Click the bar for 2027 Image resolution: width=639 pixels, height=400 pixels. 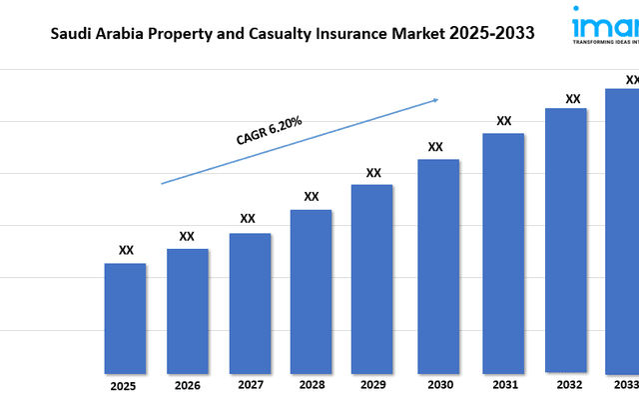pyautogui.click(x=250, y=303)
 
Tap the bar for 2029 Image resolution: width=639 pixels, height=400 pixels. pyautogui.click(x=372, y=278)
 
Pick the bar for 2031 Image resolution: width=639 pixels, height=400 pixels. pyautogui.click(x=503, y=252)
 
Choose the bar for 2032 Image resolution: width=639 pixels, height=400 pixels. pyautogui.click(x=566, y=240)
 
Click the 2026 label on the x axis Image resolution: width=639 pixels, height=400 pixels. pyautogui.click(x=187, y=385)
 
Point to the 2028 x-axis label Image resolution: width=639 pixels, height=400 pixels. pyautogui.click(x=311, y=385)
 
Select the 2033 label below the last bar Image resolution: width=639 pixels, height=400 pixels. pyautogui.click(x=625, y=385)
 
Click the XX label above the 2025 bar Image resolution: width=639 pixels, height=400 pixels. pyautogui.click(x=126, y=250)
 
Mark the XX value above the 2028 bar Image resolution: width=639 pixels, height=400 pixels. pyautogui.click(x=312, y=196)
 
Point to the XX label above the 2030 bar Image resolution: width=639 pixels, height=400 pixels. pyautogui.click(x=435, y=146)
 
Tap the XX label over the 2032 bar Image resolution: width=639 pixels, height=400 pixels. pyautogui.click(x=573, y=98)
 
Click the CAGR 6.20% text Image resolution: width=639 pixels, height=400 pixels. pyautogui.click(x=270, y=132)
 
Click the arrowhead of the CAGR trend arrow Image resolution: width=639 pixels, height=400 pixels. pyautogui.click(x=435, y=100)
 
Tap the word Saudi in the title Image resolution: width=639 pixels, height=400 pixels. pyautogui.click(x=69, y=33)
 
